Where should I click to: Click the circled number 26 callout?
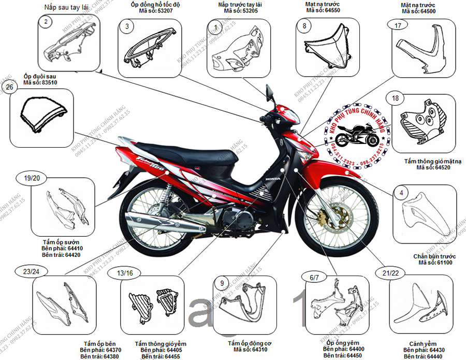(9, 88)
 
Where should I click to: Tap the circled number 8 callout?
(304, 26)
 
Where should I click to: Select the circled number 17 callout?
(398, 26)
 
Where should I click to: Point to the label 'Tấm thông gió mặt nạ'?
(429, 162)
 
